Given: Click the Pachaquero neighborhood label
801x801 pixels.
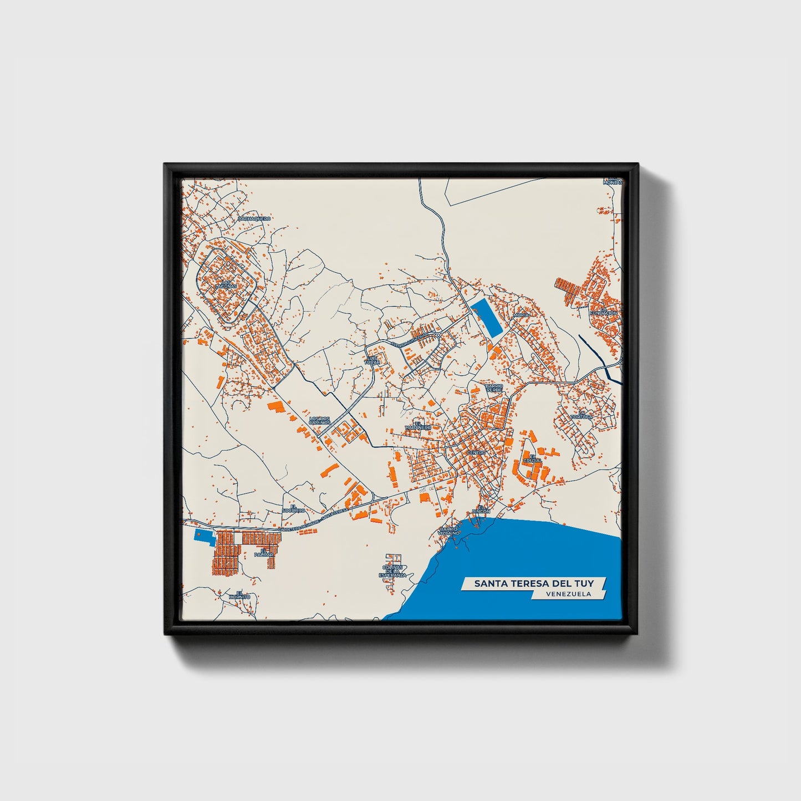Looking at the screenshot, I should point(254,219).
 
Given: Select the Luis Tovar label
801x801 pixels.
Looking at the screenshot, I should point(373,360).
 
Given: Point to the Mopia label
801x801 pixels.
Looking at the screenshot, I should point(521,314).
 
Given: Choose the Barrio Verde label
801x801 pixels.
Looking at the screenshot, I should point(493,387).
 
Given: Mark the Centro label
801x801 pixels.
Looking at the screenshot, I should point(476,453).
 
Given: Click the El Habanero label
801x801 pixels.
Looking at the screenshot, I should point(418,425).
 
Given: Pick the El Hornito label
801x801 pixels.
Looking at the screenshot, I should point(239,595).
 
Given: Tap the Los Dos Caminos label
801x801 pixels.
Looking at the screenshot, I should point(320,421).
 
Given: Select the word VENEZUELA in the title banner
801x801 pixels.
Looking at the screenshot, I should point(568,594).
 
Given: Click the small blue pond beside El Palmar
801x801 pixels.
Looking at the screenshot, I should point(203,535).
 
